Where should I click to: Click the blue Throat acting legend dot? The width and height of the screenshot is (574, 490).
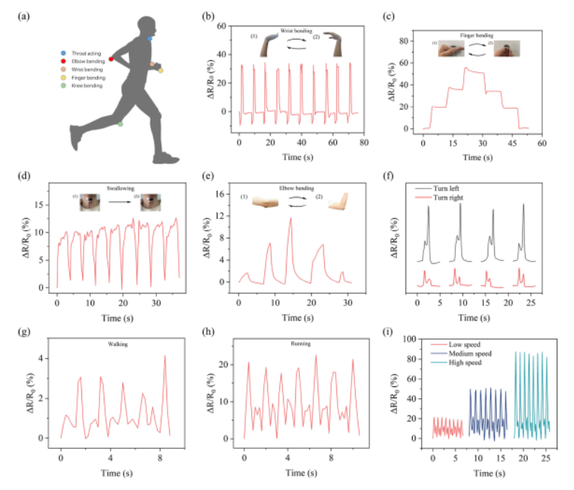tap(63, 53)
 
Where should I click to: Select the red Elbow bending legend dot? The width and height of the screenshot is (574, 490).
tap(63, 61)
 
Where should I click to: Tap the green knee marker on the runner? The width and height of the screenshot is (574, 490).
tap(120, 125)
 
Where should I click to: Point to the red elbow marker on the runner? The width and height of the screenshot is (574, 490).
tap(111, 58)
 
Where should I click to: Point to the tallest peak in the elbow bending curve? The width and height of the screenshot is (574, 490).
tap(290, 218)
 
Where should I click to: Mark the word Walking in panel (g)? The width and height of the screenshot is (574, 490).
tap(115, 344)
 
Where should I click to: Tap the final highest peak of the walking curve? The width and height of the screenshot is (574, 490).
tap(164, 356)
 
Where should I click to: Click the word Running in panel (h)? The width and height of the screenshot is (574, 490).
tap(302, 344)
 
